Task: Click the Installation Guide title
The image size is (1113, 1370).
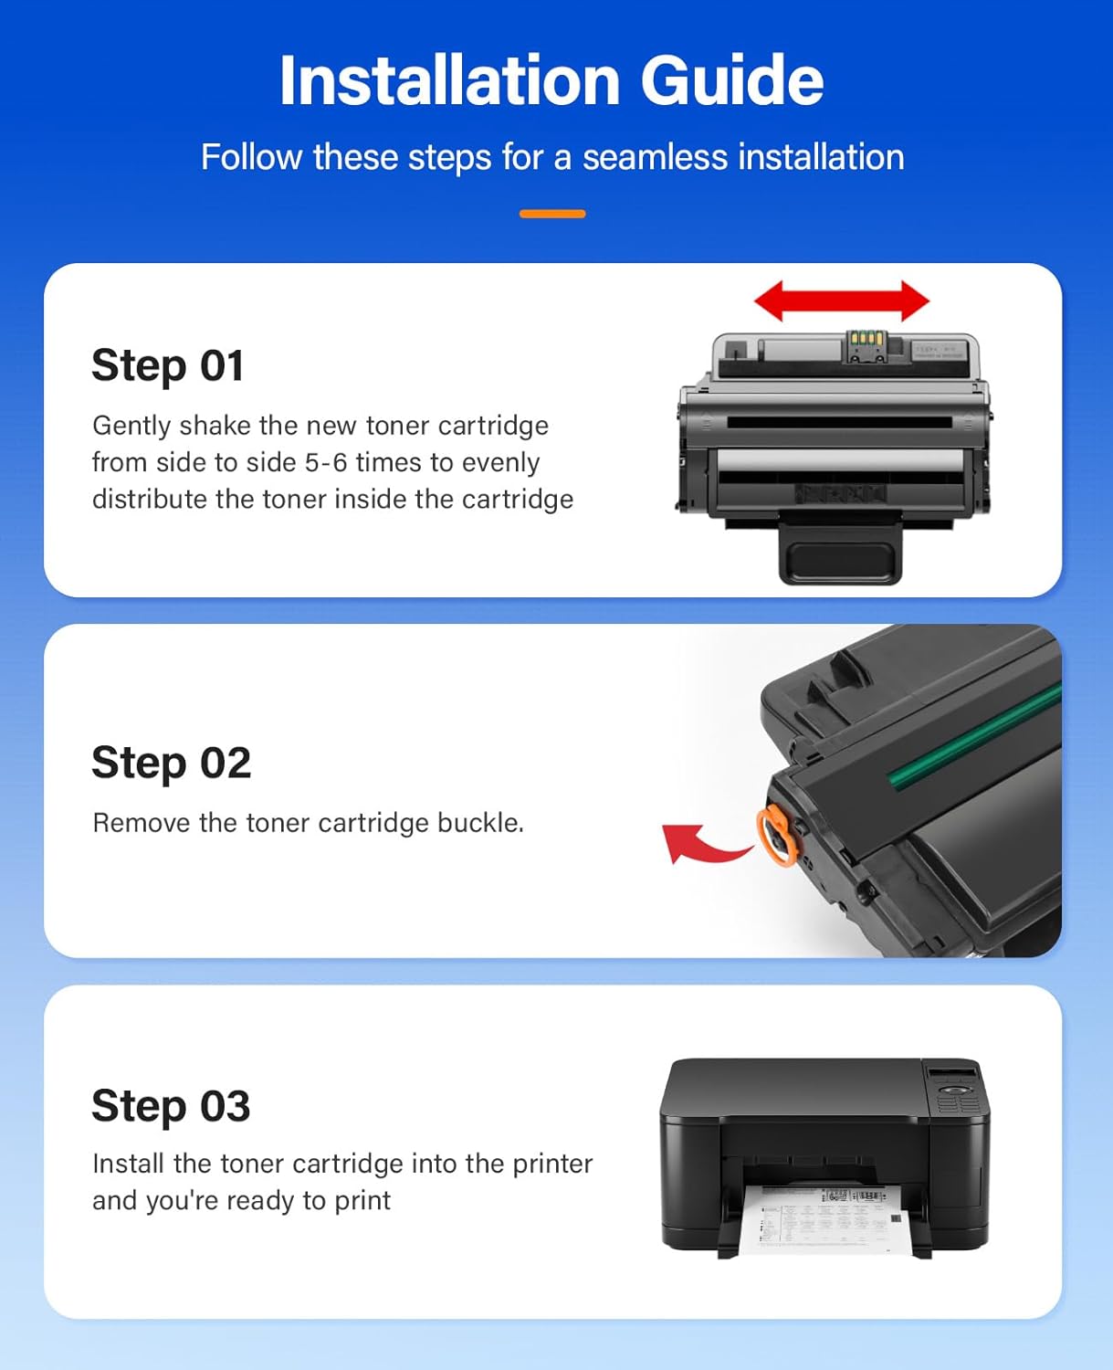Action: tap(551, 80)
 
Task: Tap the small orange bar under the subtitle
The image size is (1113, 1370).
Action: tap(552, 214)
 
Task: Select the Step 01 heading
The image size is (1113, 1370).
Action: tap(168, 365)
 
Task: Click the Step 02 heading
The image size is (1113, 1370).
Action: tap(171, 763)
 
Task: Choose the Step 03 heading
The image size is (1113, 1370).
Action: tap(171, 1106)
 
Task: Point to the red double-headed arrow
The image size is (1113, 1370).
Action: tap(841, 301)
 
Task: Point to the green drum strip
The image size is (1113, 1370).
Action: tap(973, 736)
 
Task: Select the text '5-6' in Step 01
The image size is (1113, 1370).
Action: tap(326, 462)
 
